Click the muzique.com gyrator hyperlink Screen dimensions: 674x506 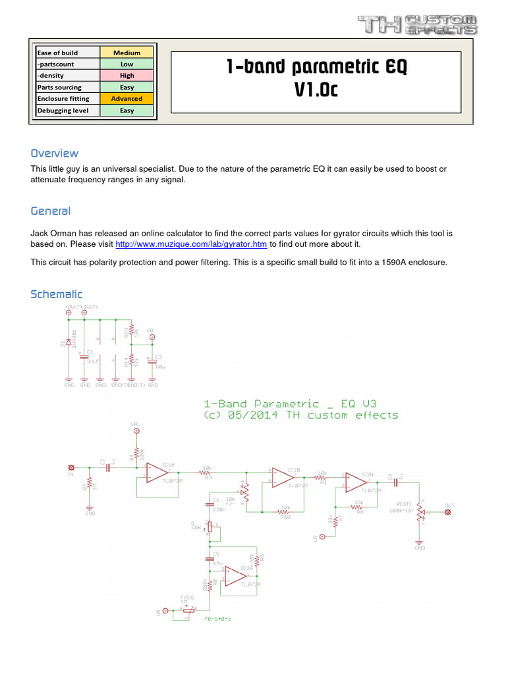[191, 244]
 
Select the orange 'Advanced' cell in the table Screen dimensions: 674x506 [126, 99]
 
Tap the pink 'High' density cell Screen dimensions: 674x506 [126, 76]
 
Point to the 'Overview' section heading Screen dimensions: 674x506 [55, 153]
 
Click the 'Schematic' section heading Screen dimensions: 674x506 [57, 294]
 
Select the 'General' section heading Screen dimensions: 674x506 [51, 211]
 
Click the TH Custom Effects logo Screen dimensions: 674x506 [417, 25]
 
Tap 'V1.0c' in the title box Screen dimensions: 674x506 [316, 90]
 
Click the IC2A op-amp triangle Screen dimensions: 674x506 [235, 577]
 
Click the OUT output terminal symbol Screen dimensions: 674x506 [449, 512]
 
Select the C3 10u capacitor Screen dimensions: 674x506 [152, 360]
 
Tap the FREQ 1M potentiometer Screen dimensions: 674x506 [188, 610]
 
